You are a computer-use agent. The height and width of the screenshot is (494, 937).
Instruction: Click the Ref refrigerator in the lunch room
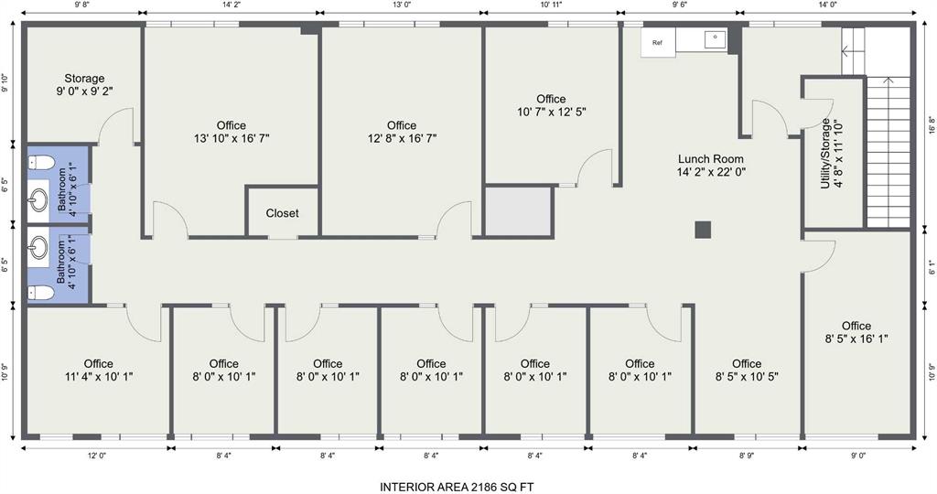pos(658,42)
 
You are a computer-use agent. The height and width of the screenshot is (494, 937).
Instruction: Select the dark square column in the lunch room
pos(703,230)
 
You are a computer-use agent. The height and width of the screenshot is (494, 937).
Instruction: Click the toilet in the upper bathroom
pos(41,162)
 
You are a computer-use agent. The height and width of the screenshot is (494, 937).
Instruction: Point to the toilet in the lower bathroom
pos(41,293)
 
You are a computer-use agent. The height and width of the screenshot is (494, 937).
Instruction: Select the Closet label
pos(282,213)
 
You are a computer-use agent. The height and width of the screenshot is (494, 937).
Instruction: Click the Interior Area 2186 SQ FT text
pos(457,487)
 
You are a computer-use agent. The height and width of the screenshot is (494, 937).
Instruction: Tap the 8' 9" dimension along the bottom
pos(747,456)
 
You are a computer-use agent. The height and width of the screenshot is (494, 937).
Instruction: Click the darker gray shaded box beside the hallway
pos(518,210)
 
